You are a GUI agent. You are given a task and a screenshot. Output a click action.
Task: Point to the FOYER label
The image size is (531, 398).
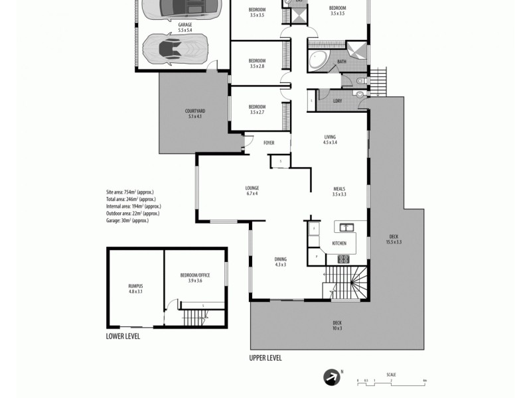pyautogui.click(x=269, y=143)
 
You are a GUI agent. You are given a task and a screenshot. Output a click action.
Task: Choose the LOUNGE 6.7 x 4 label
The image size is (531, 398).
pyautogui.click(x=252, y=190)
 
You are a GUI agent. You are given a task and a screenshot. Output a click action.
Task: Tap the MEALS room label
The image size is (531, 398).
pyautogui.click(x=339, y=191)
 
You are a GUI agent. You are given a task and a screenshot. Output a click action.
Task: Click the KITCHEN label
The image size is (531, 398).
pyautogui.click(x=339, y=243)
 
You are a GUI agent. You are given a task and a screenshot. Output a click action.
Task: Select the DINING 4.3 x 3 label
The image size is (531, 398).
pyautogui.click(x=280, y=261)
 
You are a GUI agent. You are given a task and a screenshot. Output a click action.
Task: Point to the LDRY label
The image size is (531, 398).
pyautogui.click(x=337, y=101)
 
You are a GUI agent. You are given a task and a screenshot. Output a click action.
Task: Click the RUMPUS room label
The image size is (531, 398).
pyautogui.click(x=135, y=289)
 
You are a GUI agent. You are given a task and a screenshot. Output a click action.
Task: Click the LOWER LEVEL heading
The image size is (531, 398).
pyautogui.click(x=123, y=336)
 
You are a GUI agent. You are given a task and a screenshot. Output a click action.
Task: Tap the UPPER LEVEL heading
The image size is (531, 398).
pyautogui.click(x=265, y=358)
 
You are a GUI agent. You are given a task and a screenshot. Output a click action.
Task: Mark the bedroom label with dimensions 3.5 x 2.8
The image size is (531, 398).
pyautogui.click(x=257, y=63)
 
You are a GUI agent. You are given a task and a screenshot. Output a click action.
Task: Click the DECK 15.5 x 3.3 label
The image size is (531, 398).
pyautogui.click(x=394, y=239)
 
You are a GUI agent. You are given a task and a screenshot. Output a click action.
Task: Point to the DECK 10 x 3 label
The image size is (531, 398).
pyautogui.click(x=337, y=325)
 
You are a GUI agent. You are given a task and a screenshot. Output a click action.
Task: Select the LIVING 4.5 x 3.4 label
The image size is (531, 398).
pyautogui.click(x=330, y=139)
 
